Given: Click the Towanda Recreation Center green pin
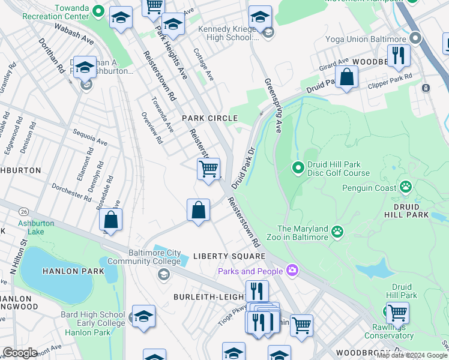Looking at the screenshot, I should coord(98,12).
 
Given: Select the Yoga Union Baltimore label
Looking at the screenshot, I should coord(365,39).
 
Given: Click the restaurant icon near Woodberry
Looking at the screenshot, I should coord(398,57).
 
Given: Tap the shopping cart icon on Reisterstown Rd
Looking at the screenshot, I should coord(208,169).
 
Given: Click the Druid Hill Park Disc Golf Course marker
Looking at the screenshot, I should coord(298,167).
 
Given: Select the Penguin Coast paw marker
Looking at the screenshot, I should coord(406,187).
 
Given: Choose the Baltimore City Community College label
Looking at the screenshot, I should coord(143,256).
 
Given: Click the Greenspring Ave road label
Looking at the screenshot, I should coord(273,105).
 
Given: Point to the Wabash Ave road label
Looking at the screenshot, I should coord(74,35).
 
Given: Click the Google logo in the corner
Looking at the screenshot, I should coord(20,353).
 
